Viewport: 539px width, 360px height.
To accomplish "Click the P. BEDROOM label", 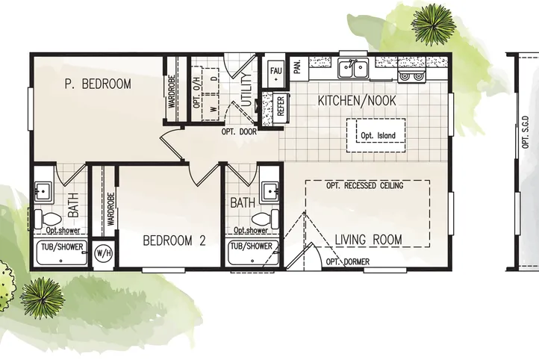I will pyautogui.click(x=98, y=84).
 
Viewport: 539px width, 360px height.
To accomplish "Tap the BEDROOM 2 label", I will pyautogui.click(x=175, y=240).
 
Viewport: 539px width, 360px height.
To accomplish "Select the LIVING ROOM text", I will pyautogui.click(x=368, y=240).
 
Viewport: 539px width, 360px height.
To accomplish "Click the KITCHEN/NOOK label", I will pyautogui.click(x=357, y=101).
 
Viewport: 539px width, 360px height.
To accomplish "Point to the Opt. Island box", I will pyautogui.click(x=376, y=135).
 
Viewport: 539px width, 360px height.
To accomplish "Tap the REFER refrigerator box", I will pyautogui.click(x=280, y=106).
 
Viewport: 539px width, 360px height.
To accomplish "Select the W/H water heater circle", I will pyautogui.click(x=103, y=253).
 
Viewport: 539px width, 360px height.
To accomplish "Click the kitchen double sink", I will pyautogui.click(x=352, y=69).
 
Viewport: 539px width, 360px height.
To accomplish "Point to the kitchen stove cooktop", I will pyautogui.click(x=409, y=72).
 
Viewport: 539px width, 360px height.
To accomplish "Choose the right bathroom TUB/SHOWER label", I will pyautogui.click(x=251, y=246).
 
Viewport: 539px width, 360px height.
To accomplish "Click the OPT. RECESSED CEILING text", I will pyautogui.click(x=364, y=185).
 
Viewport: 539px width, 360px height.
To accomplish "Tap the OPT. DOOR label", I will pyautogui.click(x=240, y=132).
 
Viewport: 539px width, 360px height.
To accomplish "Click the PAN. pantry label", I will pyautogui.click(x=296, y=68).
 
